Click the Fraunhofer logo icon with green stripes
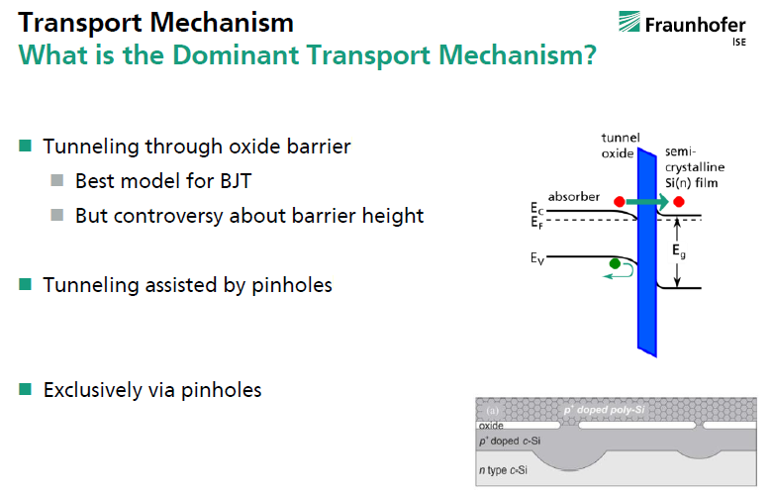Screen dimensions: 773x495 tap(629, 22)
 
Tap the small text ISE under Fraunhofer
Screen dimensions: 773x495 tap(739, 42)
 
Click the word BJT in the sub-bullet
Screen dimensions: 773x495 tap(236, 181)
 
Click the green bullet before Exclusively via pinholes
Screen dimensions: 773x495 tap(25, 389)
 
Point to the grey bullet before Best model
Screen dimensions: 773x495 tap(57, 180)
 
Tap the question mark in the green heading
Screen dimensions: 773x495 tap(590, 54)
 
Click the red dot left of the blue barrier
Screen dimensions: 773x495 tap(620, 201)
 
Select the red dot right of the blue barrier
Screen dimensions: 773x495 tap(679, 201)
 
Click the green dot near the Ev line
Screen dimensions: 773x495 tap(615, 263)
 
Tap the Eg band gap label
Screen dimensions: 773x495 tap(679, 250)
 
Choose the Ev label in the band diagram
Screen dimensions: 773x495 tap(537, 258)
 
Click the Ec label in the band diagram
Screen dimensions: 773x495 tap(536, 209)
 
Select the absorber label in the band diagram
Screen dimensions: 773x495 tap(574, 197)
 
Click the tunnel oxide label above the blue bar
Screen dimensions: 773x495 tap(620, 146)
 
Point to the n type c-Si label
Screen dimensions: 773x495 tap(503, 470)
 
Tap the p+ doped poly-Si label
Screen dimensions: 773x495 tap(604, 410)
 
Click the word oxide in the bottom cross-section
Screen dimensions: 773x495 tap(491, 426)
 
